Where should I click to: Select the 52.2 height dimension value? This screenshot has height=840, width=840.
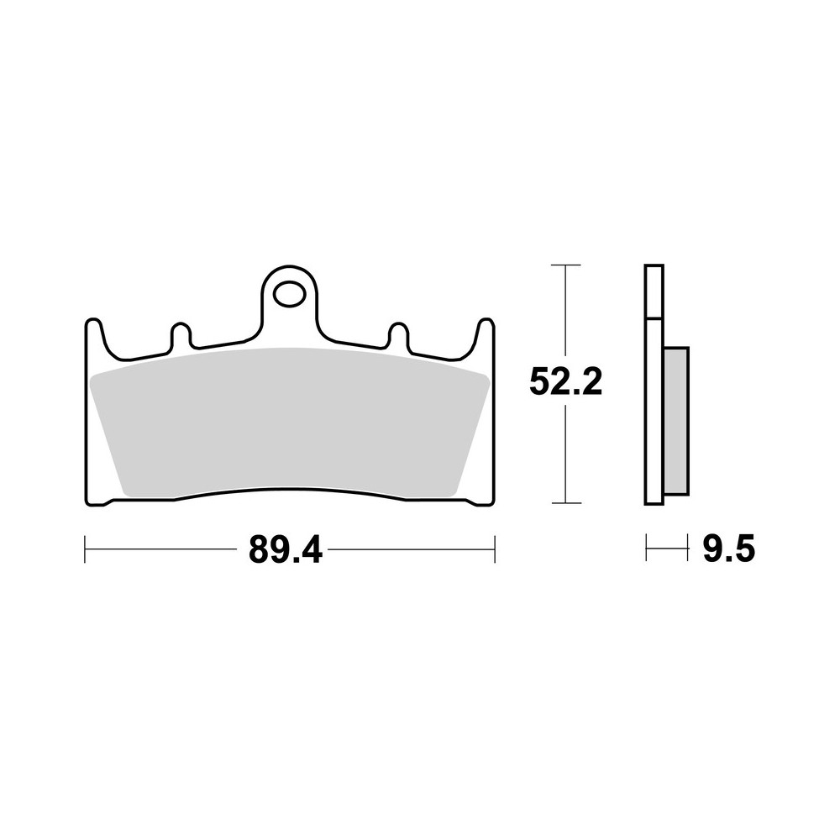pos(566,383)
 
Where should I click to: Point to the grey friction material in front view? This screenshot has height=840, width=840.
pos(290,420)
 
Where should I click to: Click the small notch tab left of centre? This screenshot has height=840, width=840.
pos(181,334)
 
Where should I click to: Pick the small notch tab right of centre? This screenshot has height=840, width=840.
pos(397,334)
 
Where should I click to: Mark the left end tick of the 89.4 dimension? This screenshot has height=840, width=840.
pos(86,550)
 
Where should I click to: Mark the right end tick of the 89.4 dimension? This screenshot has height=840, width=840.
pos(494,550)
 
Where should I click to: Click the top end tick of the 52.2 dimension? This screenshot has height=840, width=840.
pos(566,265)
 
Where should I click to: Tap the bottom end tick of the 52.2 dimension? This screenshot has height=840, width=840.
pos(566,503)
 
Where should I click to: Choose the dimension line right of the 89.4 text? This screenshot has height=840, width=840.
pos(412,550)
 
